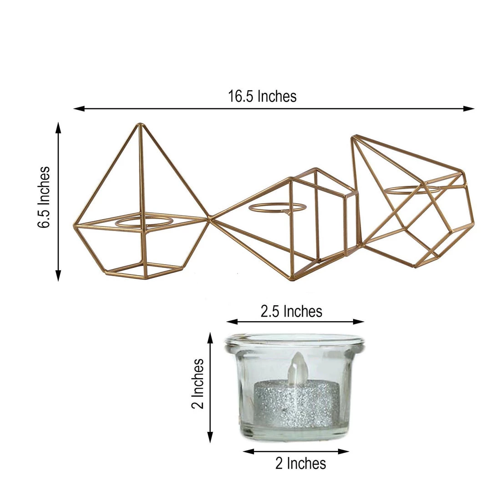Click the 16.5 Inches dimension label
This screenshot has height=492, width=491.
tap(262, 97)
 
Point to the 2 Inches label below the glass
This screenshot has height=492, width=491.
tap(300, 463)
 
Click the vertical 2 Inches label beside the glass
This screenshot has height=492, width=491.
tap(197, 384)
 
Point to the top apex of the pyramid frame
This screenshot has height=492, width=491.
tap(140, 124)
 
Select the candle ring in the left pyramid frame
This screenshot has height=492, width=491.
tap(144, 222)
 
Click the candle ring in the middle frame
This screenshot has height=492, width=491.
tap(278, 208)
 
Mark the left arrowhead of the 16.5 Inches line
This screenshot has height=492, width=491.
tap(77, 108)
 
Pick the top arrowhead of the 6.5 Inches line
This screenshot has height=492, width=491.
tap(58, 126)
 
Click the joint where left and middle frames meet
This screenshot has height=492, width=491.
tap(210, 219)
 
